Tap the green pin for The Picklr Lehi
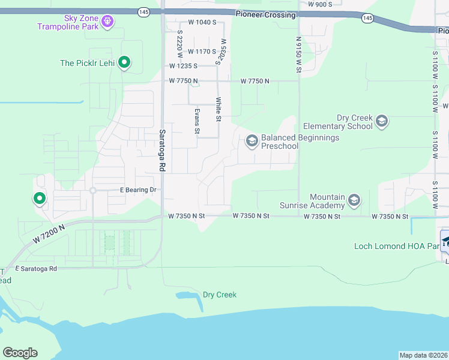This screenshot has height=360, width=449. [124, 62]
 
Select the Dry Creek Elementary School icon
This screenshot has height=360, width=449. [381, 122]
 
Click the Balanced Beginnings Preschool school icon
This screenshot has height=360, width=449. [252, 141]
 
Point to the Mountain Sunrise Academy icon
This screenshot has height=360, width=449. [354, 200]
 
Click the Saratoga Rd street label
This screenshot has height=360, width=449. [162, 151]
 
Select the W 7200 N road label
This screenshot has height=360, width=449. [50, 231]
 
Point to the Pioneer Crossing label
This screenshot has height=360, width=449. [265, 14]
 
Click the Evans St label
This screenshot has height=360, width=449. [197, 120]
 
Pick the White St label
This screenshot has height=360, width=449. [218, 109]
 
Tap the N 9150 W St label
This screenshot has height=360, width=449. [298, 54]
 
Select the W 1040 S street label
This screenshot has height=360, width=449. [202, 22]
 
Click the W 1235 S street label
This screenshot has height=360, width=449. [184, 66]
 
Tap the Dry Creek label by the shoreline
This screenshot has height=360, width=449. [219, 295]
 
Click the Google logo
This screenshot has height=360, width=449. [20, 353]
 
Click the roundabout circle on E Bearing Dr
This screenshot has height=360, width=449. [92, 191]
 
